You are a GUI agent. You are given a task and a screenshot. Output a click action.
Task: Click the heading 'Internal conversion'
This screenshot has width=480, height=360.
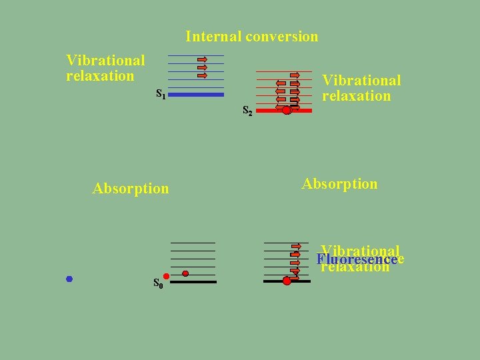252,37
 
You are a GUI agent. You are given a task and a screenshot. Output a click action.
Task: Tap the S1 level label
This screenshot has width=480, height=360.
161,93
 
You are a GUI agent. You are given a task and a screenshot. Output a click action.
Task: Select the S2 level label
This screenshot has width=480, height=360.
247,111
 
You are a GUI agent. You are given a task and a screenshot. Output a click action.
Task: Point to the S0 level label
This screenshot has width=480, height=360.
159,283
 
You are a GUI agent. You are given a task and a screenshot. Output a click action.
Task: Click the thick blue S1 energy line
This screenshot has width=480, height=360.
196,95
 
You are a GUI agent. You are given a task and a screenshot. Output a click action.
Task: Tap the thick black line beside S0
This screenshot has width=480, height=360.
193,282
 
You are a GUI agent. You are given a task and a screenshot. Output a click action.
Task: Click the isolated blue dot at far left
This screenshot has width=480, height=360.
69,279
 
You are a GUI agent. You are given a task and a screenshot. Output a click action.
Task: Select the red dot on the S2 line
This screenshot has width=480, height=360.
287,111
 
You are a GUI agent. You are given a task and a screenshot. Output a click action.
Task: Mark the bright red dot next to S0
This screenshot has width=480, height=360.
165,276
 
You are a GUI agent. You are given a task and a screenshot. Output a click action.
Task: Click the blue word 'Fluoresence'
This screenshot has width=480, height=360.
357,259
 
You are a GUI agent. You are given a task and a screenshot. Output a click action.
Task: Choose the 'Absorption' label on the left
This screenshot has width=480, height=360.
131,189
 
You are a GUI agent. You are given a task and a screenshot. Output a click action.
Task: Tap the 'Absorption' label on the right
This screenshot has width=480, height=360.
339,184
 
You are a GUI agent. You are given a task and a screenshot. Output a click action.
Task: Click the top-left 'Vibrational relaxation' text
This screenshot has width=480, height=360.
105,68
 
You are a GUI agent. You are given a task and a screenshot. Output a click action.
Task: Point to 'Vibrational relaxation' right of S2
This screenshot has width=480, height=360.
361,88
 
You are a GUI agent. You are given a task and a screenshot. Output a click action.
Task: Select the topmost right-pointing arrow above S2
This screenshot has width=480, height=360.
295,75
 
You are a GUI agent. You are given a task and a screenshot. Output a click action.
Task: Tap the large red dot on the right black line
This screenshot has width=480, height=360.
287,281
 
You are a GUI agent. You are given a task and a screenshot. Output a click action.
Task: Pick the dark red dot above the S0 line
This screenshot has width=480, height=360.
185,273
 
